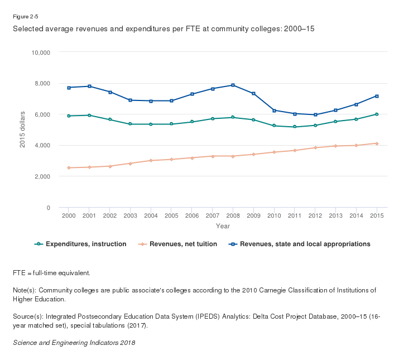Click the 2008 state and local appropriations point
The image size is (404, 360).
233,85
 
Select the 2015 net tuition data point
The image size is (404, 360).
377,143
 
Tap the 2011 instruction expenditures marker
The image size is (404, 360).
295,127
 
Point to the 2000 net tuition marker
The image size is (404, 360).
69,167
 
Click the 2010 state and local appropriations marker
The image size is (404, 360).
274,111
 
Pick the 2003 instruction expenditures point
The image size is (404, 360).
130,124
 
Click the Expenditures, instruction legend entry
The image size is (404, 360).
85,244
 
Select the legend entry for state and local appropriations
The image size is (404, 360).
305,244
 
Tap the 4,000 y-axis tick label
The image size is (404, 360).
42,145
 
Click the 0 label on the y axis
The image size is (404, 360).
49,208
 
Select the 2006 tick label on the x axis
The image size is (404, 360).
192,215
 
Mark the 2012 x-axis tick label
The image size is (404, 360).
315,215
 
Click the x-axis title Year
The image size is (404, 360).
223,226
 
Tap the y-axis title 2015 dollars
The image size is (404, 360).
23,129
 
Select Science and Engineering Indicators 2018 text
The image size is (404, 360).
74,342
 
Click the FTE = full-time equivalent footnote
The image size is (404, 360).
51,273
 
